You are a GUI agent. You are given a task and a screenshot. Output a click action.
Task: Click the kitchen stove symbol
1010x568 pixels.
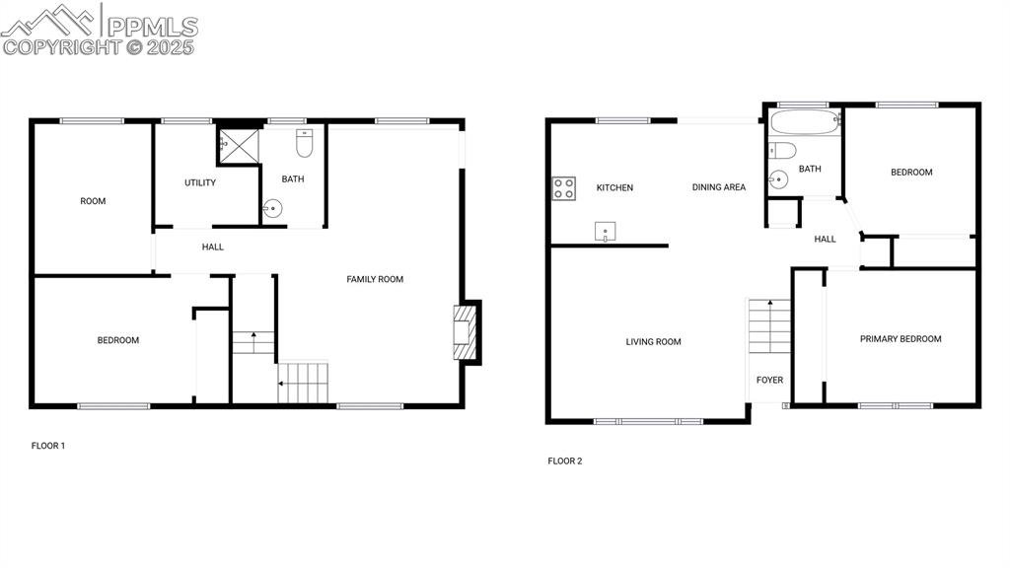point(563,188)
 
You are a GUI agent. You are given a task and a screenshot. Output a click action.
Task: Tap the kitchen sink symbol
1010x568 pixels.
point(605,232)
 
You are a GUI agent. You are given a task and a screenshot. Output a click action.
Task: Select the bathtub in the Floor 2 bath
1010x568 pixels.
point(804,123)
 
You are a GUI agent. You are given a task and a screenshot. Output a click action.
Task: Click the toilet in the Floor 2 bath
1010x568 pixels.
point(782,151)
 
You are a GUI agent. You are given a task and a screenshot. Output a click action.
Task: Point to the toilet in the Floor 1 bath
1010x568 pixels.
point(304,145)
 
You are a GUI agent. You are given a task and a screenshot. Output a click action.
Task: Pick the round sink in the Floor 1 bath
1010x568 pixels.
point(272,208)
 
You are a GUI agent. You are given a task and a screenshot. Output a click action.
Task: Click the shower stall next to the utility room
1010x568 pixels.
point(237,145)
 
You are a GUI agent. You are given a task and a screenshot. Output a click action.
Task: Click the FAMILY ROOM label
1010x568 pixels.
point(375,280)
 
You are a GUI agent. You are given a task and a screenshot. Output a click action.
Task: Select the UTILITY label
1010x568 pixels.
point(200,182)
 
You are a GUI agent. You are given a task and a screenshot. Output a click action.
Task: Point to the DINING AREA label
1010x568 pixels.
point(718,187)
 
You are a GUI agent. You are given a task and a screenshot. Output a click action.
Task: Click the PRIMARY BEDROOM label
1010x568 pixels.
point(900,339)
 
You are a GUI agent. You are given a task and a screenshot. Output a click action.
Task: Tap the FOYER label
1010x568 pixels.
point(769,381)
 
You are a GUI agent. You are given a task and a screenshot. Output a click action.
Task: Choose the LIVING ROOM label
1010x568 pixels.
point(653,342)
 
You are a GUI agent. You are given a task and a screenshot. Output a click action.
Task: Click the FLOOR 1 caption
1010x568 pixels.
point(48,446)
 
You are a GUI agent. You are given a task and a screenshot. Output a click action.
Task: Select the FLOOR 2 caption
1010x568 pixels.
point(565,461)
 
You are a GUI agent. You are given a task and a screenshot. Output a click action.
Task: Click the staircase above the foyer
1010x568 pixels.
point(769,326)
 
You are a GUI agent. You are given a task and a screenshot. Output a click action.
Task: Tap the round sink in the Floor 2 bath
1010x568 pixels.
point(779,179)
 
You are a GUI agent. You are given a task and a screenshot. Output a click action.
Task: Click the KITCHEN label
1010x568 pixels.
point(614,187)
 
